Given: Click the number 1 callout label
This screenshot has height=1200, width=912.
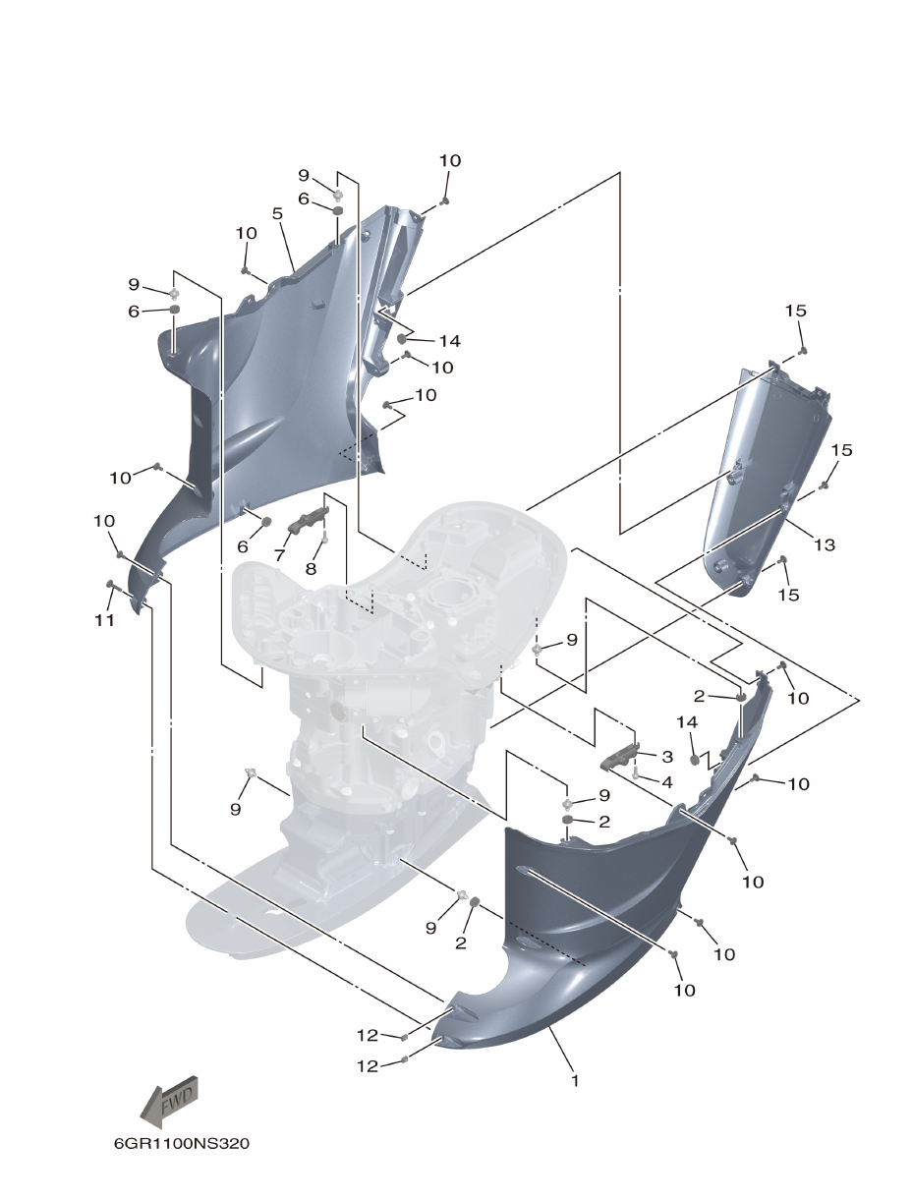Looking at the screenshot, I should (x=575, y=1080).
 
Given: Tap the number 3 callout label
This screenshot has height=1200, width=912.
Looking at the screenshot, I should (x=666, y=757).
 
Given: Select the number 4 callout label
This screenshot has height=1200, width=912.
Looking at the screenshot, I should (x=666, y=782).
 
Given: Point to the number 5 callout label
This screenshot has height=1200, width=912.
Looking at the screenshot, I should (x=277, y=213).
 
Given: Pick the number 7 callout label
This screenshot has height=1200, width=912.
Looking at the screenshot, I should (x=280, y=555).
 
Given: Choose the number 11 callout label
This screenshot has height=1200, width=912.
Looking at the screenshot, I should (x=104, y=620).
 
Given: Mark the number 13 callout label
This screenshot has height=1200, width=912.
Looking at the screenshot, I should (x=824, y=544).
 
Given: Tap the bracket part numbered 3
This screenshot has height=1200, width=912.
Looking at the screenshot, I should (x=620, y=759).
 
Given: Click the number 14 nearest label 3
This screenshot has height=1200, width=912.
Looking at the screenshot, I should (x=686, y=722).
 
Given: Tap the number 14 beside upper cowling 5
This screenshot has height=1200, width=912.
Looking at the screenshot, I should (x=449, y=341).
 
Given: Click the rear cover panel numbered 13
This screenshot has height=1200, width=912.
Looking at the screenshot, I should (x=767, y=472).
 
